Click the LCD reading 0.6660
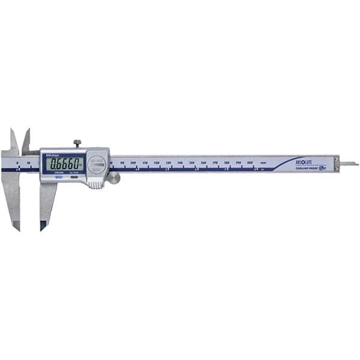click(x=65, y=164)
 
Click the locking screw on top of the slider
click(x=77, y=143)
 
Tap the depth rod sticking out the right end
click(x=349, y=163)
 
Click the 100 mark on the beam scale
click(x=133, y=163)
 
